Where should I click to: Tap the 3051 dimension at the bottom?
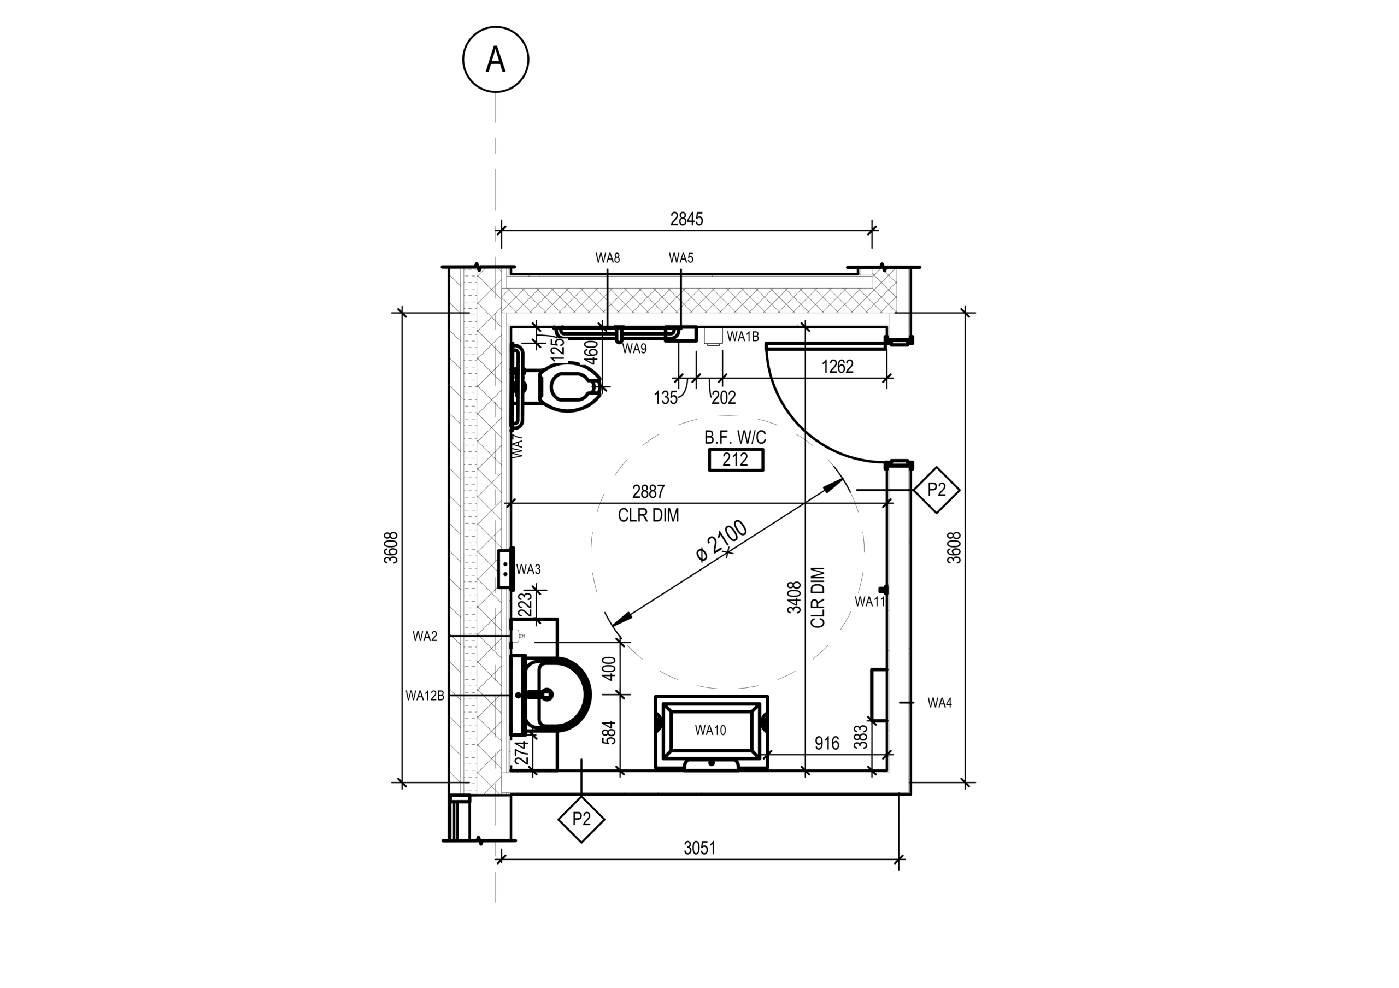[x=699, y=848]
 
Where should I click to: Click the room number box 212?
[x=736, y=459]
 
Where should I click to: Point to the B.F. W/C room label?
[x=735, y=437]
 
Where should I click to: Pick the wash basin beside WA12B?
[x=551, y=694]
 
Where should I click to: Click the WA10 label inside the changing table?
[x=710, y=730]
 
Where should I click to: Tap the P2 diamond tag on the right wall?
[x=937, y=490]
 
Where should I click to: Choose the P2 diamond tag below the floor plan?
[x=581, y=819]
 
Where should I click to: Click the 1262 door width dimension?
[x=837, y=367]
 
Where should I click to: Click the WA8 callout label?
[x=608, y=258]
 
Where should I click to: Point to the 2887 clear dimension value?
[x=648, y=491]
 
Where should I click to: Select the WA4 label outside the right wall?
[x=939, y=703]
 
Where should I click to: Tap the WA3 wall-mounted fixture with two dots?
[x=505, y=568]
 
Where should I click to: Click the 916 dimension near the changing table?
[x=827, y=743]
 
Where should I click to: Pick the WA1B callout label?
[x=743, y=336]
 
